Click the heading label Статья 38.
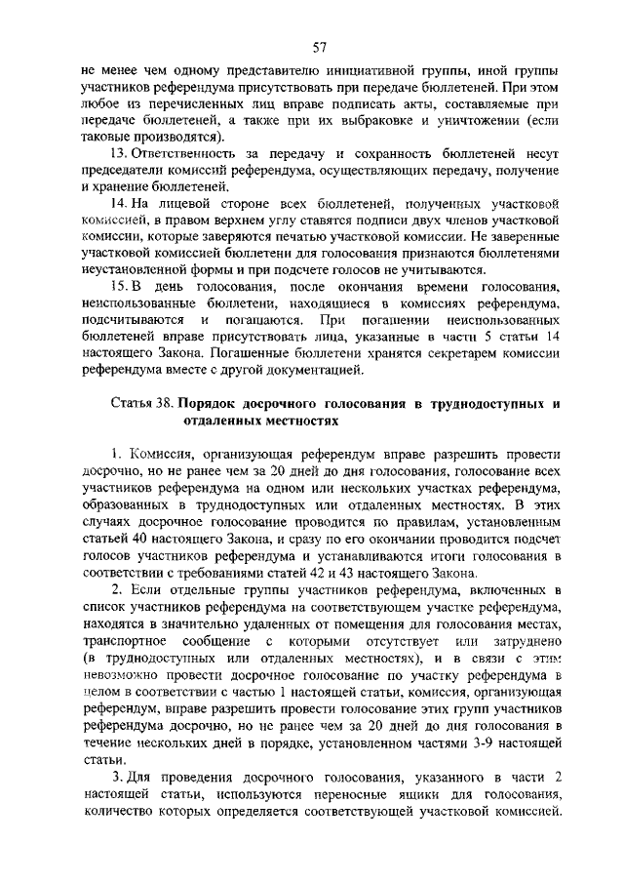[x=140, y=403]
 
